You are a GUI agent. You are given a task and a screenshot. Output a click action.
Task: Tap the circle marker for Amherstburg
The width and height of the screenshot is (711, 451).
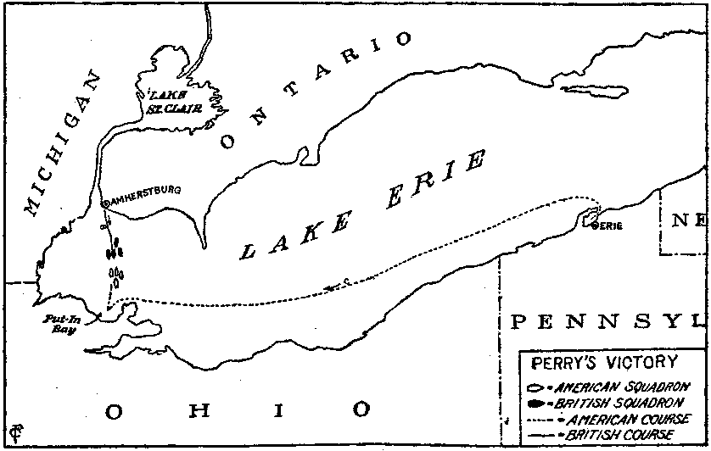click(x=105, y=204)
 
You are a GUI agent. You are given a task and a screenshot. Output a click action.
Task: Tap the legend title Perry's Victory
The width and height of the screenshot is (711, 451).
click(x=603, y=363)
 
